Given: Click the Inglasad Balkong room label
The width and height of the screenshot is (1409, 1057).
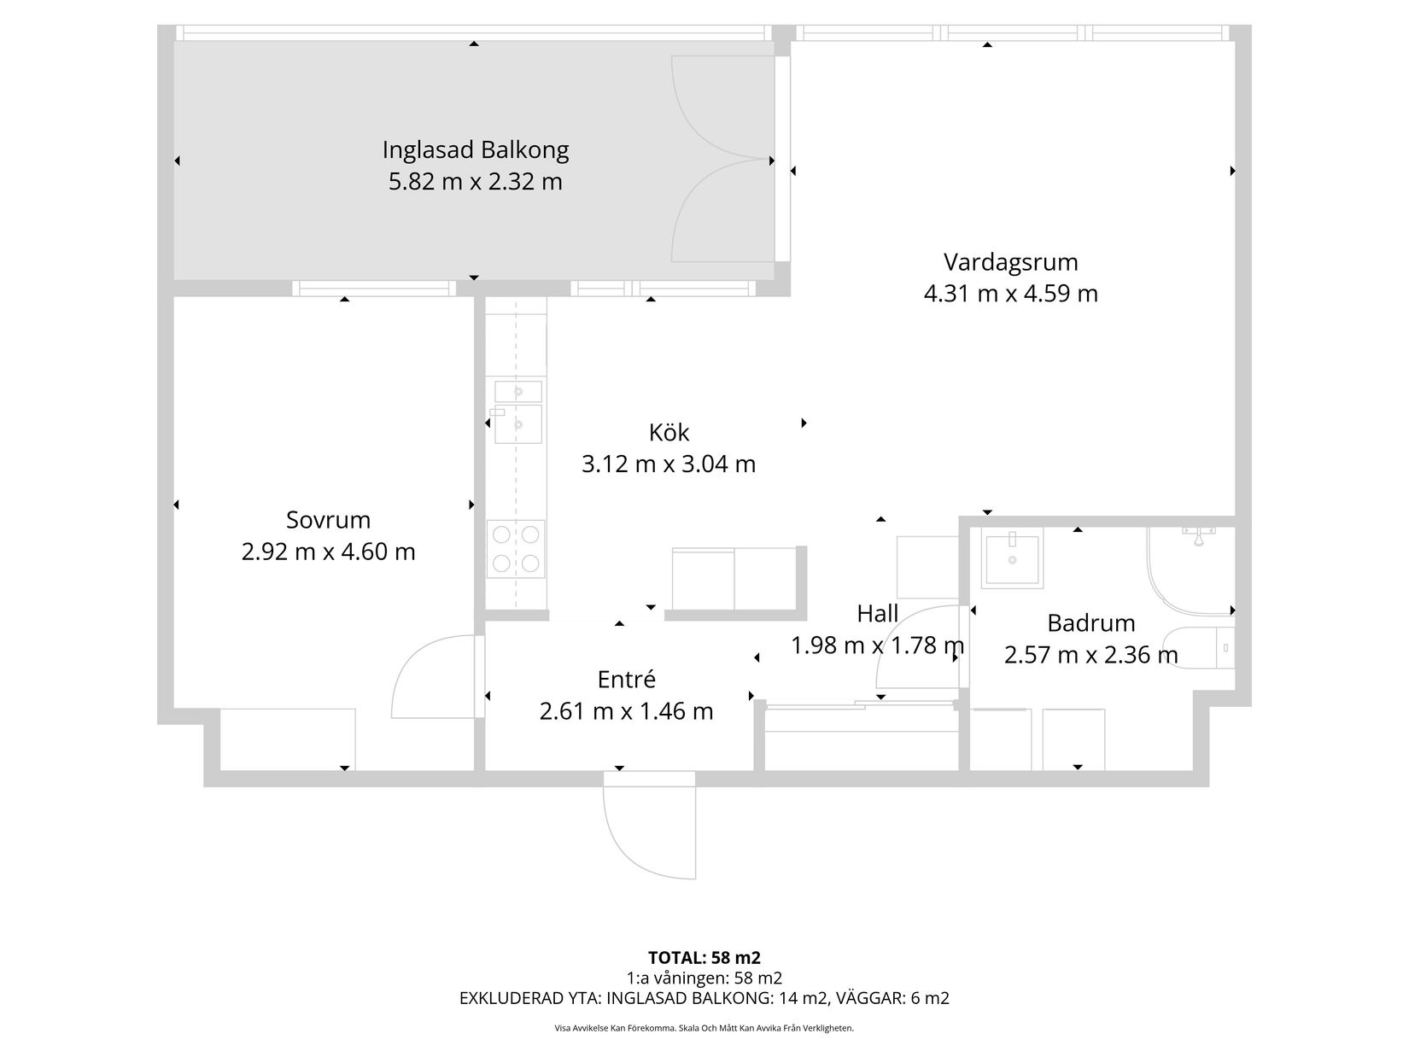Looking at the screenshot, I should [475, 150].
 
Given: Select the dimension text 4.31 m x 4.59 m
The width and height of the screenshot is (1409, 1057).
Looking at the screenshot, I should [1010, 294].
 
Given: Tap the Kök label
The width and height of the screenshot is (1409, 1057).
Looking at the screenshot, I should [669, 432].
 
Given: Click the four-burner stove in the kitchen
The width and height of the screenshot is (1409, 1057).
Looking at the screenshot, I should [516, 549].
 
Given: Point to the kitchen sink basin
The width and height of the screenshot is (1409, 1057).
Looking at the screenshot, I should [517, 424].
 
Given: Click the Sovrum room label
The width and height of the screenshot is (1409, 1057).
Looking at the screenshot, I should [328, 520].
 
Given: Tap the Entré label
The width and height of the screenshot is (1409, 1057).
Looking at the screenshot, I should [626, 680].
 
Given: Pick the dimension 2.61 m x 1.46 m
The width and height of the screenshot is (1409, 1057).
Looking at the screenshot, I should [626, 711].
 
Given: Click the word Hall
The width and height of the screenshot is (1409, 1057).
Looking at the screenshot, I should [877, 614].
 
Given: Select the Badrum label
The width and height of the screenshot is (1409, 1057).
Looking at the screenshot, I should [1090, 623].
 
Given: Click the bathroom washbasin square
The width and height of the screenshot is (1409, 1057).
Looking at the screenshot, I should [1012, 561].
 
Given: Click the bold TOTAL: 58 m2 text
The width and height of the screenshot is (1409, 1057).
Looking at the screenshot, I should [704, 957].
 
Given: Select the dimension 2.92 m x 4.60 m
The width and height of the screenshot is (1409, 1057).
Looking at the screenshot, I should [328, 552].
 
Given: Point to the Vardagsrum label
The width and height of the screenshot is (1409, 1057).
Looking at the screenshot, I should [1010, 261].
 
